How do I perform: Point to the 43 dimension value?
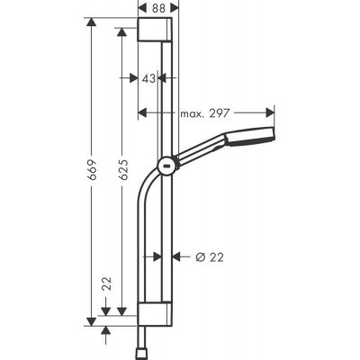pyautogui.click(x=149, y=79)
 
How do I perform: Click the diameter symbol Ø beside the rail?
pyautogui.click(x=200, y=256)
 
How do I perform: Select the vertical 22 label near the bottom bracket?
pyautogui.click(x=108, y=286)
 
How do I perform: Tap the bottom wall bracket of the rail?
pyautogui.click(x=159, y=315)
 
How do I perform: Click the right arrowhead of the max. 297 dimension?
pyautogui.click(x=270, y=113)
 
